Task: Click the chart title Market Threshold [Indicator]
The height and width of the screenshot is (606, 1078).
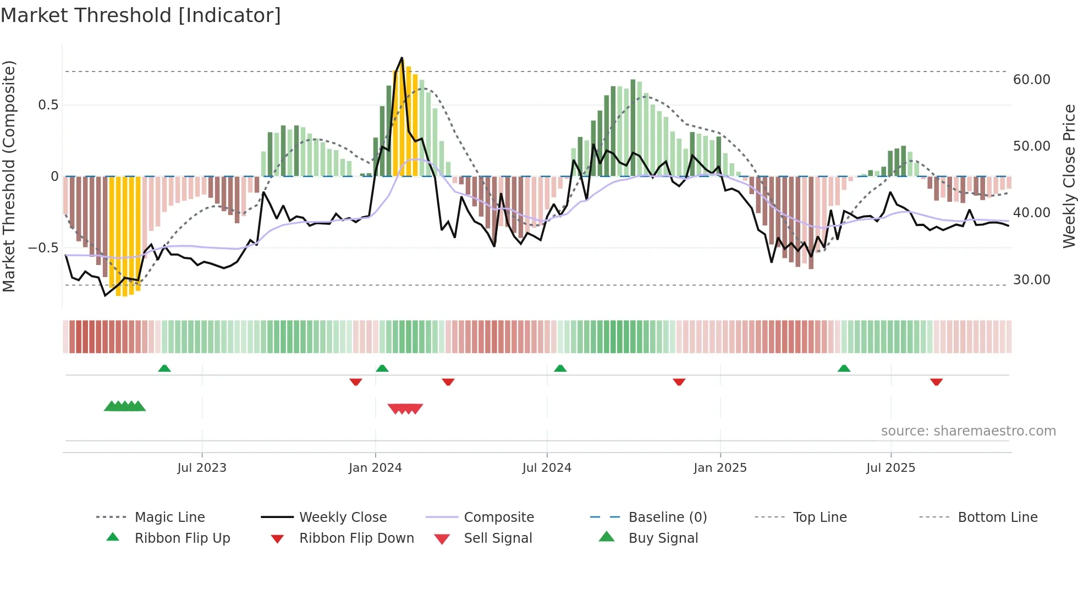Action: pyautogui.click(x=141, y=15)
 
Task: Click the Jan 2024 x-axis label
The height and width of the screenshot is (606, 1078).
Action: pyautogui.click(x=375, y=468)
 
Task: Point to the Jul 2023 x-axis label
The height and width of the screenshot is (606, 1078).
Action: pyautogui.click(x=202, y=468)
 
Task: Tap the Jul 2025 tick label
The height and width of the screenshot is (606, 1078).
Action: pyautogui.click(x=890, y=468)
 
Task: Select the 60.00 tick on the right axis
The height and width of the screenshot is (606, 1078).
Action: pyautogui.click(x=1031, y=80)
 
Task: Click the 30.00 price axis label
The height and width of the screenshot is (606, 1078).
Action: pyautogui.click(x=1031, y=280)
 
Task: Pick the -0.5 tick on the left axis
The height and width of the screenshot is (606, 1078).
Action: pyautogui.click(x=43, y=248)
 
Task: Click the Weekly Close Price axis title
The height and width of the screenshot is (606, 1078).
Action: pyautogui.click(x=1069, y=176)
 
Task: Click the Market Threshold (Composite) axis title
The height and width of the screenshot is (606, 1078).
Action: pyautogui.click(x=9, y=176)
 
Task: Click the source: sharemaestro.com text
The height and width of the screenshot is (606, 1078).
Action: pyautogui.click(x=968, y=431)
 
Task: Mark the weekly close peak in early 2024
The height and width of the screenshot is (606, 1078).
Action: pyautogui.click(x=402, y=58)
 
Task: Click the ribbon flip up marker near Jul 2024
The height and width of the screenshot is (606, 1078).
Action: pyautogui.click(x=560, y=368)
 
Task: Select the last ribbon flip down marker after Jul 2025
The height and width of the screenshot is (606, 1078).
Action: pyautogui.click(x=936, y=382)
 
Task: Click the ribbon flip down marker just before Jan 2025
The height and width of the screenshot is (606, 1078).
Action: pyautogui.click(x=679, y=382)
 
